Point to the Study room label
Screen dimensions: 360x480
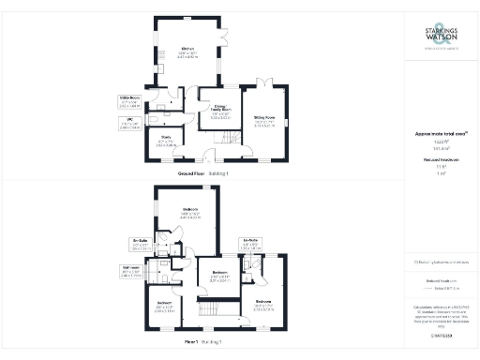point(167,142)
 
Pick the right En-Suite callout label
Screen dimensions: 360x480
point(250,242)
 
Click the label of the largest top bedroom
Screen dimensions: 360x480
point(189,212)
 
